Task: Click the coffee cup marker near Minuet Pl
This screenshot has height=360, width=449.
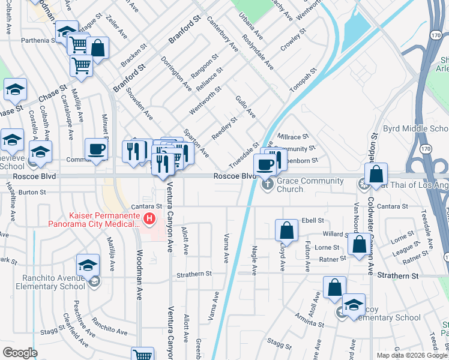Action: [x=96, y=150]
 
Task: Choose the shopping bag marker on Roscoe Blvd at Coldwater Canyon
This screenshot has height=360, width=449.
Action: [x=376, y=175]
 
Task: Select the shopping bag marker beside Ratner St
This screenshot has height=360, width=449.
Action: [x=359, y=245]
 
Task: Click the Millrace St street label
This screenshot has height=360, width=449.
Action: [x=292, y=137]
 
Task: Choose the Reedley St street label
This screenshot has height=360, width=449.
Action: [x=224, y=128]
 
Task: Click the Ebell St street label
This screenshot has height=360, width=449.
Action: [x=313, y=221]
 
